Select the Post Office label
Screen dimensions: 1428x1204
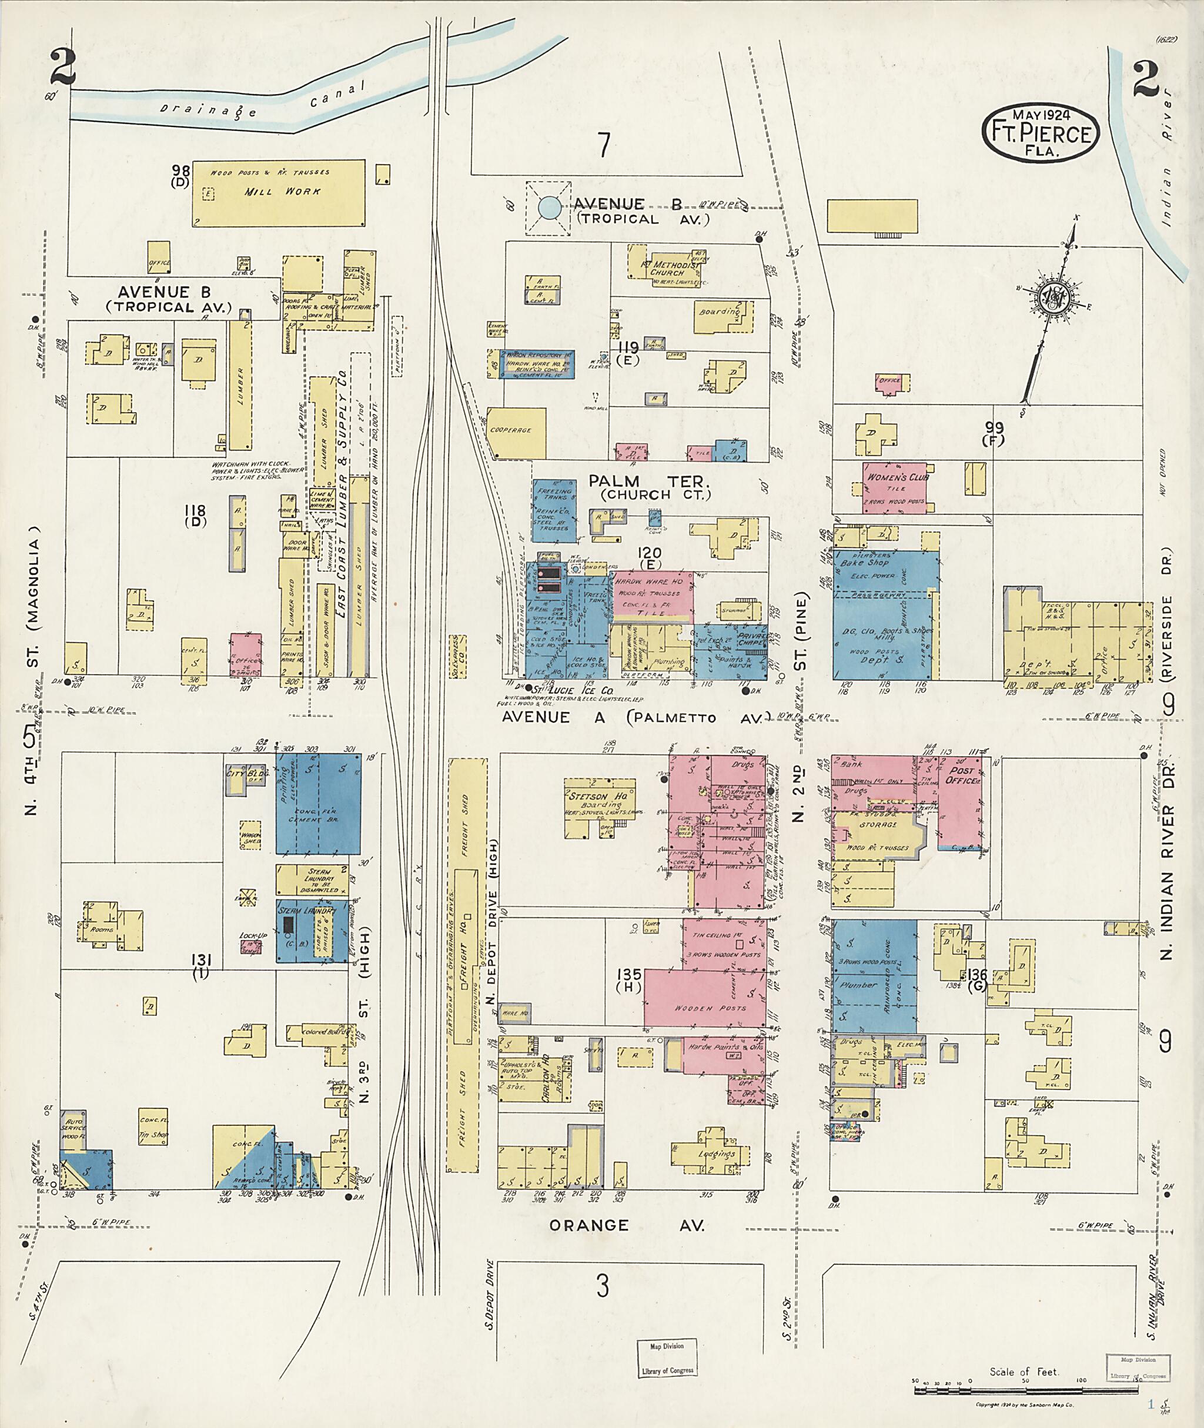click(961, 775)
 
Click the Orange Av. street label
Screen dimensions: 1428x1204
click(626, 1225)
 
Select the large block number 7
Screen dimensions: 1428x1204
click(603, 145)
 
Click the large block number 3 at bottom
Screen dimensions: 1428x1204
click(602, 1287)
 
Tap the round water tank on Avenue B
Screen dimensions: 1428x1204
click(548, 208)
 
